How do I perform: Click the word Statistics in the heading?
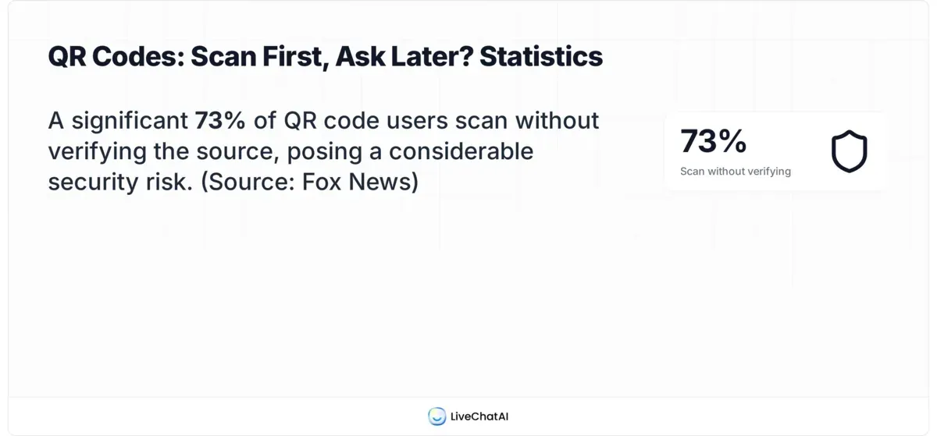point(541,57)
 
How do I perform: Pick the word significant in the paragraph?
point(130,121)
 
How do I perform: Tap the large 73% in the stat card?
point(714,141)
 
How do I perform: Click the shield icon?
point(849,151)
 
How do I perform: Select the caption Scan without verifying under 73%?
point(736,172)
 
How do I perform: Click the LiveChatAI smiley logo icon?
point(436,417)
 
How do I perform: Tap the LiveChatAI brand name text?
point(479,417)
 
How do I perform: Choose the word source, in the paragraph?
point(237,151)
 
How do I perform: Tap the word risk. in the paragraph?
point(175,182)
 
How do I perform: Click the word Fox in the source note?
point(324,182)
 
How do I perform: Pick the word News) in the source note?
point(385,182)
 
